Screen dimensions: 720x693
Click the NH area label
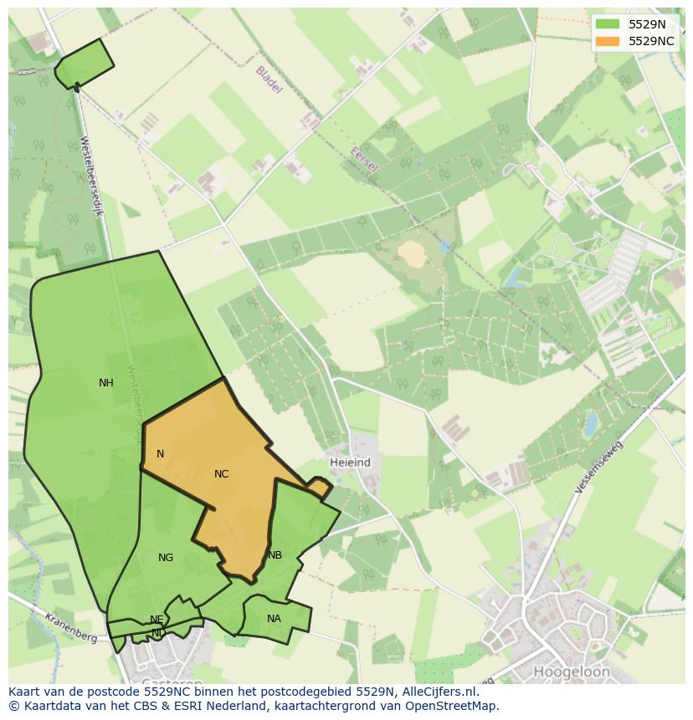(x=105, y=383)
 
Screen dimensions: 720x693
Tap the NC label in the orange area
(x=221, y=474)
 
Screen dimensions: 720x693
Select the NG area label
(x=166, y=558)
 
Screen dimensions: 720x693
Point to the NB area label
(x=275, y=555)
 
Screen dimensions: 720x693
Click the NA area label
(x=274, y=619)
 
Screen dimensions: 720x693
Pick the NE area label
(x=157, y=620)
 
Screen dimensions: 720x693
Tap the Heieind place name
(x=350, y=462)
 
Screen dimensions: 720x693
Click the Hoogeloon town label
(x=572, y=671)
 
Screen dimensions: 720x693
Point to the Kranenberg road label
(x=71, y=626)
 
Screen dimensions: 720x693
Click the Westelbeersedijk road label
(x=91, y=176)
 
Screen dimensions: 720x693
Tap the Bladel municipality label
(x=269, y=79)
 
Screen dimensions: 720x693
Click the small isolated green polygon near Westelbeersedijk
(x=85, y=63)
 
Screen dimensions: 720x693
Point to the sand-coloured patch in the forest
(x=412, y=253)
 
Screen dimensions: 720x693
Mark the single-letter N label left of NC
(x=160, y=454)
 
